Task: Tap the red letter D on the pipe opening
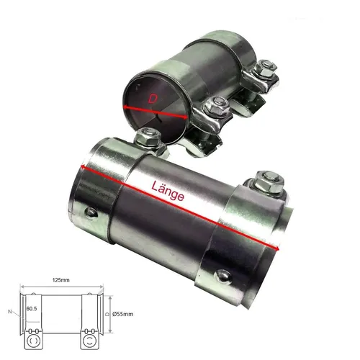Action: click(151, 96)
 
